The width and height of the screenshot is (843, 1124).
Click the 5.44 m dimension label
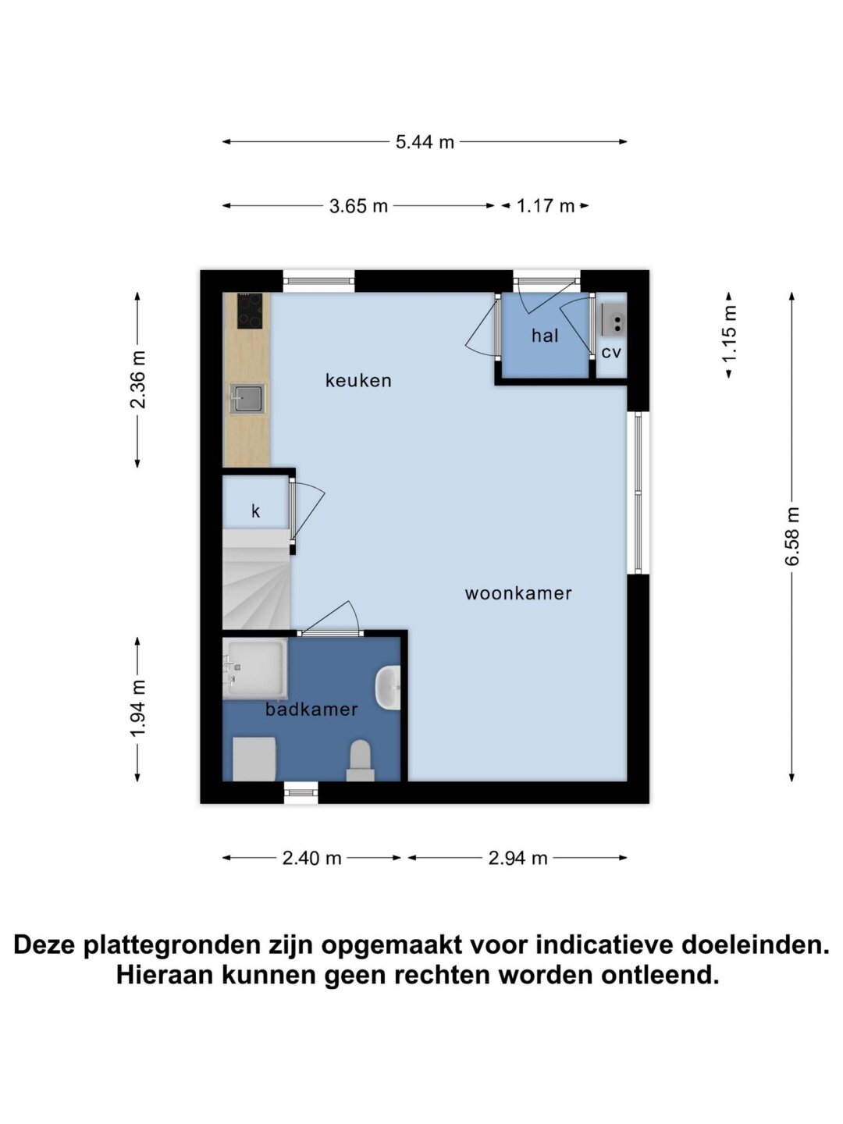[425, 142]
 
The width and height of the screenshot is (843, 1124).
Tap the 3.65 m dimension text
[358, 206]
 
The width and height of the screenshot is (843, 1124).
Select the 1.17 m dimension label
[545, 206]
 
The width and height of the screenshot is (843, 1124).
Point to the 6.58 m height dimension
[791, 535]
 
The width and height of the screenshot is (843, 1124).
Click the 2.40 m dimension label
[311, 858]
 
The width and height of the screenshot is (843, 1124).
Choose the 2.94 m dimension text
[518, 858]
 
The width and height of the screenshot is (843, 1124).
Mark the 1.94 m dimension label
[137, 708]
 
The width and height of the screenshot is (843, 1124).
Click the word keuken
[358, 380]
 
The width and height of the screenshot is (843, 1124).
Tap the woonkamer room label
[518, 593]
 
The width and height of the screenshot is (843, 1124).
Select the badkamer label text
[311, 710]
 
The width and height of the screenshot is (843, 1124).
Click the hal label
[545, 336]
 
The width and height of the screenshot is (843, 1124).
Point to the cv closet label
[611, 352]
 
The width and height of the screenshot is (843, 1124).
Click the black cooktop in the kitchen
[250, 311]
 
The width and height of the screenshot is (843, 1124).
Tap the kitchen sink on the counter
[247, 399]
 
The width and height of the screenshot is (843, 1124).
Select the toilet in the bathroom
[361, 760]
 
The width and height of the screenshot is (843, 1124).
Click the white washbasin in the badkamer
[388, 688]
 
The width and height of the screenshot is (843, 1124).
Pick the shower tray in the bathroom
[255, 668]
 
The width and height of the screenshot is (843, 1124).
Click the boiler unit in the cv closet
[614, 319]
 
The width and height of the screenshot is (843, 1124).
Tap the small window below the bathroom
[301, 793]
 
